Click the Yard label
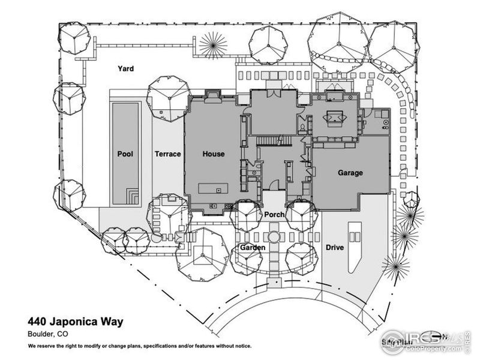(x=125, y=69)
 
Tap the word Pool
(x=125, y=154)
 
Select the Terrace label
(x=167, y=154)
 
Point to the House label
(x=213, y=154)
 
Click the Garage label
(x=350, y=173)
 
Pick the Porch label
(x=274, y=214)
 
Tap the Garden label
(x=253, y=247)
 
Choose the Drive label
(x=335, y=247)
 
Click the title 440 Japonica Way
(x=75, y=322)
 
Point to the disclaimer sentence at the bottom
(x=139, y=346)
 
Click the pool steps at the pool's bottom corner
(x=132, y=196)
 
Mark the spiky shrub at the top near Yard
(x=213, y=43)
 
